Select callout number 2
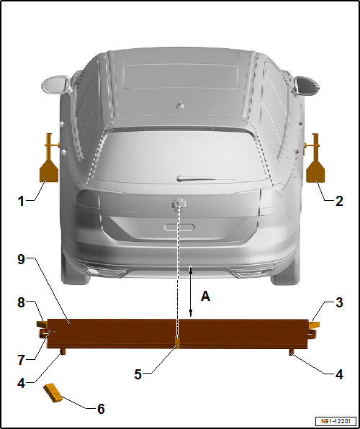[x=339, y=201]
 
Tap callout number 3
[x=339, y=304]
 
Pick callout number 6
[x=101, y=409]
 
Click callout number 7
[x=21, y=358]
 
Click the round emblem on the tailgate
[x=177, y=204]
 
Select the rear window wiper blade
[x=206, y=178]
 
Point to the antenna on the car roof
[x=180, y=104]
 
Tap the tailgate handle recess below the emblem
[x=179, y=226]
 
